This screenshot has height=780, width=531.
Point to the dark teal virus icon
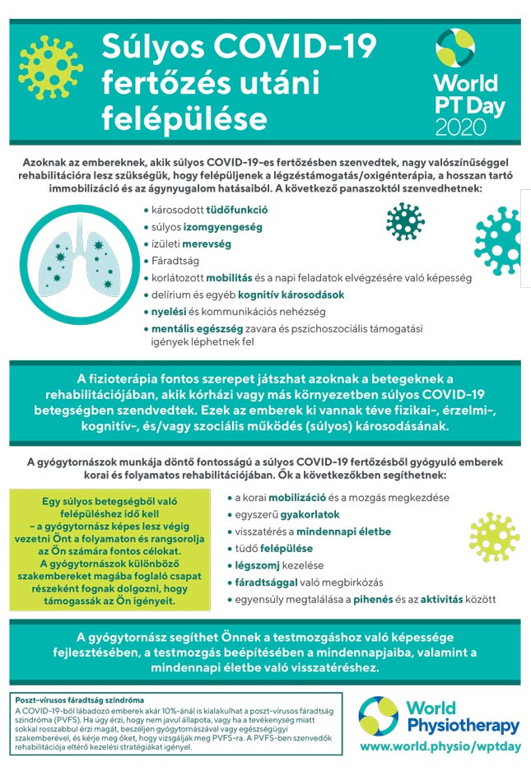[405, 221]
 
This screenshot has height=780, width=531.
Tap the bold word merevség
[207, 244]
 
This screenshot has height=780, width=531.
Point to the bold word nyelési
[170, 312]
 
